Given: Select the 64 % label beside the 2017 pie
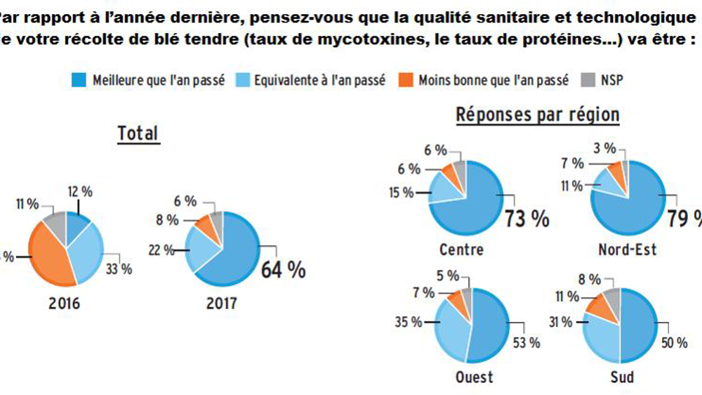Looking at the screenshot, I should click(x=283, y=268).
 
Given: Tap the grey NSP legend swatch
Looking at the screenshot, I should click(x=587, y=80).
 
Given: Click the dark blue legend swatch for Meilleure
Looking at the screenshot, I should click(x=79, y=80).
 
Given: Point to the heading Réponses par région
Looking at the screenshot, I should click(x=538, y=115).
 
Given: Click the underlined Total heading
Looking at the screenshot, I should click(x=138, y=133).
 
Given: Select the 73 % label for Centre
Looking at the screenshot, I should click(x=526, y=219).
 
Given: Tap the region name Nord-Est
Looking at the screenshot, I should click(x=627, y=249).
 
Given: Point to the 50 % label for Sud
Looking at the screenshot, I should click(x=675, y=343).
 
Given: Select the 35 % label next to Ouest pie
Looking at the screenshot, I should click(x=407, y=322).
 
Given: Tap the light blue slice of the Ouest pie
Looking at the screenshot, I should click(x=453, y=327).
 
